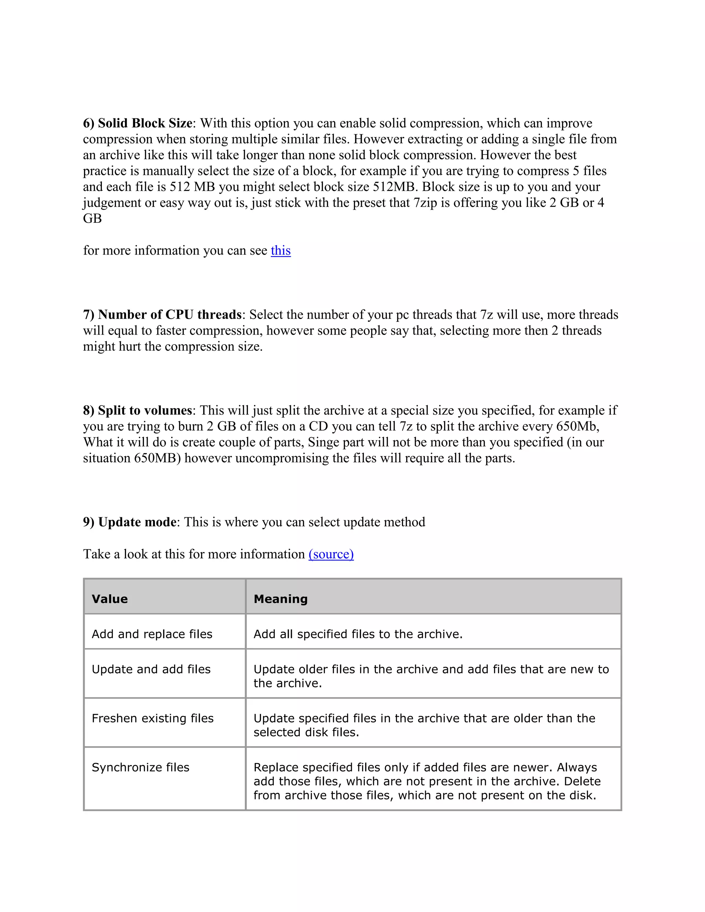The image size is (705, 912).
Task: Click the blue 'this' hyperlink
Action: (x=281, y=251)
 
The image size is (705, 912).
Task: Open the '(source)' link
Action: (x=331, y=554)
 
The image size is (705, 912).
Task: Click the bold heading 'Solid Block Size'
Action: (x=145, y=123)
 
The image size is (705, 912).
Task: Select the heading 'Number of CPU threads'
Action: (x=170, y=315)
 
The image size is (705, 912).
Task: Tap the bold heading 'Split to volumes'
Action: (x=145, y=411)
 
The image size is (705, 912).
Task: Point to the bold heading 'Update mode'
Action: (x=137, y=522)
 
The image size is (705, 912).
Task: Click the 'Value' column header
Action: (x=110, y=599)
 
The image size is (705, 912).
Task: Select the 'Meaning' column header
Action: (x=281, y=599)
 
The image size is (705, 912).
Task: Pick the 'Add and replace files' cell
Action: (x=152, y=634)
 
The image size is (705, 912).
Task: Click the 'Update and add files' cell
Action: (x=151, y=669)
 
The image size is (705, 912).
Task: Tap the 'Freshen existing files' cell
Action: (x=152, y=718)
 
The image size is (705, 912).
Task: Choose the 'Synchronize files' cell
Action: (x=140, y=767)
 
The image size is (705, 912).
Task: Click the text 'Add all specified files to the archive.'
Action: (x=358, y=634)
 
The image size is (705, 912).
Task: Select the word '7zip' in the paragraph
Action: (x=425, y=202)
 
